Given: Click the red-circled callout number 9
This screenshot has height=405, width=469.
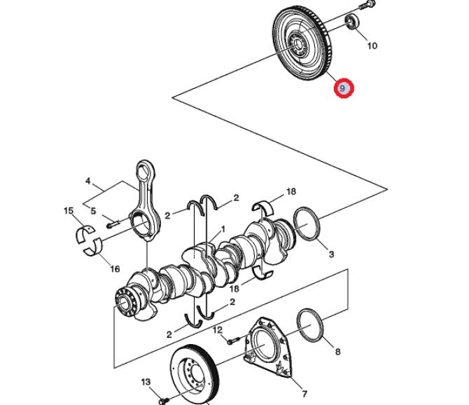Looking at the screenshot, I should pyautogui.click(x=343, y=89).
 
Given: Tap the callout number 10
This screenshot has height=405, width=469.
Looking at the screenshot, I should pyautogui.click(x=372, y=46).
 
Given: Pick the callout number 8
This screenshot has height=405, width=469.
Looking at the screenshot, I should pyautogui.click(x=337, y=350).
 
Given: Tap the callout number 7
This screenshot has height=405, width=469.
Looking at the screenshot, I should pyautogui.click(x=304, y=393).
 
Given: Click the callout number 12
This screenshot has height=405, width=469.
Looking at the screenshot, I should pyautogui.click(x=218, y=329).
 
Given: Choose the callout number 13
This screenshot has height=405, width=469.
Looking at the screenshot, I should pyautogui.click(x=146, y=382).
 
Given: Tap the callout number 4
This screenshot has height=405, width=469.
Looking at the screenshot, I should pyautogui.click(x=87, y=181).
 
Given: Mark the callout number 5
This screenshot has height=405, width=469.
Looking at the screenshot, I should pyautogui.click(x=92, y=209).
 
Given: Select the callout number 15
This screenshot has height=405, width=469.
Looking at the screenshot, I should pyautogui.click(x=69, y=211).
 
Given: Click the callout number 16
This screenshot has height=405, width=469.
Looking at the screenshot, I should pyautogui.click(x=115, y=269).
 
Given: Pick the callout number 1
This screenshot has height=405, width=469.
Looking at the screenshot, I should pyautogui.click(x=223, y=228).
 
